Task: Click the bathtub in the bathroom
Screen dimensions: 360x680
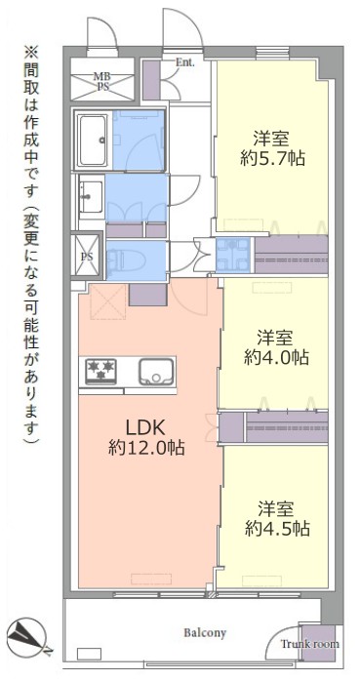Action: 94,140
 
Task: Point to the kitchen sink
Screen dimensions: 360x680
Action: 155,372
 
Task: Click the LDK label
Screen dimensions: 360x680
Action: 144,428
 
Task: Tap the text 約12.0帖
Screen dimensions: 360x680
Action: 146,448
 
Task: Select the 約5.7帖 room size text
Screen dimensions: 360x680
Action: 273,159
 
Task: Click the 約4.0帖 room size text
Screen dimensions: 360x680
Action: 276,357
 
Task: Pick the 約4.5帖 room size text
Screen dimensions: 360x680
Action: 277,528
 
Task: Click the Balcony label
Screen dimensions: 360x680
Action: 205,633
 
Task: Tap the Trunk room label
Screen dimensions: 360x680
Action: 309,644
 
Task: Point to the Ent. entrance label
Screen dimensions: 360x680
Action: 185,62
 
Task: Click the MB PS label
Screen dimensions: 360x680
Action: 102,81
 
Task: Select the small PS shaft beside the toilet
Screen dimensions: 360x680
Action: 87,256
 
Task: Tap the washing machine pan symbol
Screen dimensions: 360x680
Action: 233,255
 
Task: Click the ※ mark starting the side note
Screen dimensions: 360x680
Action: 31,55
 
